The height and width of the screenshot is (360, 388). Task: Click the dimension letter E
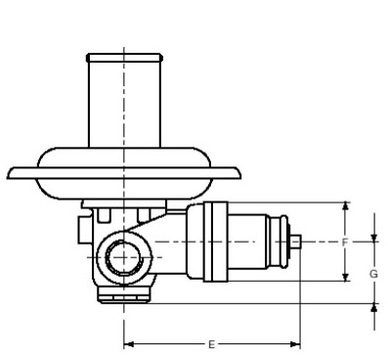coord(211,344)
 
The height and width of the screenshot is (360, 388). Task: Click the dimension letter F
coord(345,243)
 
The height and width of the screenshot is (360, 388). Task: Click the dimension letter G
coord(373,274)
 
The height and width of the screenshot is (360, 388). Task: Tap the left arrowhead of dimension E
coord(129,344)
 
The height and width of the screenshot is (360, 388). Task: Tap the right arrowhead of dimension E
coord(295,344)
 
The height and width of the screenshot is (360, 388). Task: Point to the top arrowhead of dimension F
coord(346,206)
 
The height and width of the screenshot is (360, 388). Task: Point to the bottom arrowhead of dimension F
coord(346,277)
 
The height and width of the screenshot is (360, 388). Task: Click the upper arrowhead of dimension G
coord(374,238)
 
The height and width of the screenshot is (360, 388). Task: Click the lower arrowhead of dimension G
coord(374,308)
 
